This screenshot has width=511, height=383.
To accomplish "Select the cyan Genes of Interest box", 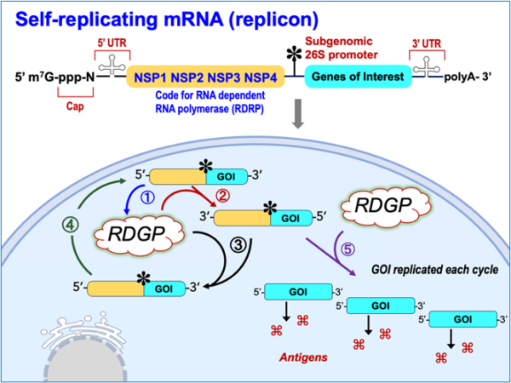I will point(352,78).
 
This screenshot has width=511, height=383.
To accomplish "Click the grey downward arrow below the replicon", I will point(298,117).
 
